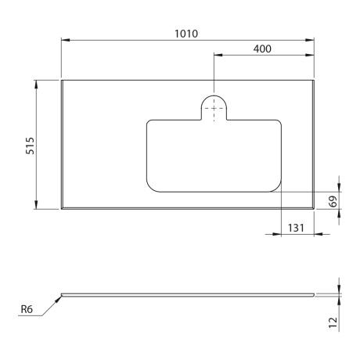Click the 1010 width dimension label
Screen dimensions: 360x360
[x=186, y=34]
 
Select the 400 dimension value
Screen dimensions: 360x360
[x=262, y=49]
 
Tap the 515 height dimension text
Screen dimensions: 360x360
[x=30, y=146]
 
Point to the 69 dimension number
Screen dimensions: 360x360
[x=333, y=201]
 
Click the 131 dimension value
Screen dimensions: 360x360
[x=296, y=228]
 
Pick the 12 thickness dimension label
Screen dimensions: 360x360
[x=333, y=322]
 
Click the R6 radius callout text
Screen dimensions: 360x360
[x=27, y=309]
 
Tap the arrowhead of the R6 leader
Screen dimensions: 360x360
[x=59, y=299]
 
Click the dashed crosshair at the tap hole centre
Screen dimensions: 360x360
[x=214, y=108]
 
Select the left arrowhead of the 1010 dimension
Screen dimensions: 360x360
[x=65, y=40]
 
